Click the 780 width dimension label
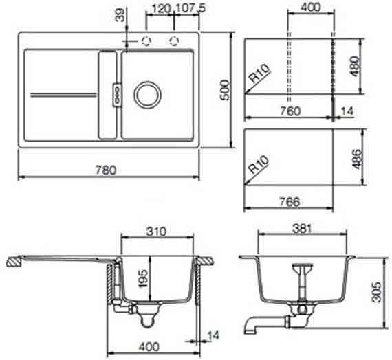[106, 170]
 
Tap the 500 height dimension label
[225, 90]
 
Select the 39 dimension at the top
[120, 15]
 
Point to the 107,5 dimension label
[190, 8]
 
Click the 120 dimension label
[161, 9]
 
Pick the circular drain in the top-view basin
[147, 95]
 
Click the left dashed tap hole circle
[146, 41]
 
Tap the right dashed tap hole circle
[174, 41]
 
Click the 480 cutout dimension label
[354, 66]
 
